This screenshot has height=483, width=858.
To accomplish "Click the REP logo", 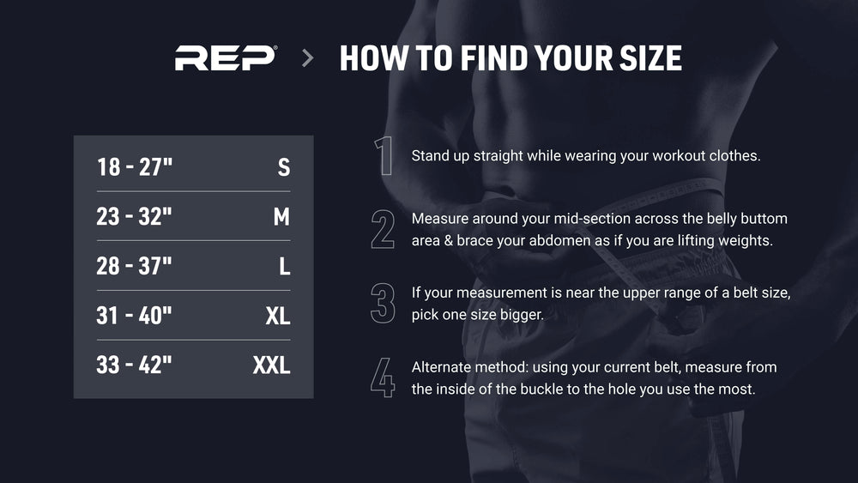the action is [226, 58].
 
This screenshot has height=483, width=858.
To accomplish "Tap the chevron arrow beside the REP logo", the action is [308, 58].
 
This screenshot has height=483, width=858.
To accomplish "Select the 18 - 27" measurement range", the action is [135, 166].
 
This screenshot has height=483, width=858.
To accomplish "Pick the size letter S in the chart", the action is [283, 167].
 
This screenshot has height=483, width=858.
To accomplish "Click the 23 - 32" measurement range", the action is [134, 216].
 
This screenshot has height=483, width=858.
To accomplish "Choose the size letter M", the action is [281, 216].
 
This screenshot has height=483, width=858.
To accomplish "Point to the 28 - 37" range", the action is [134, 267].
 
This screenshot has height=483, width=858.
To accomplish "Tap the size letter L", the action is [285, 267].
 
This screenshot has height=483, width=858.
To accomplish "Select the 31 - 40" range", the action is [134, 316].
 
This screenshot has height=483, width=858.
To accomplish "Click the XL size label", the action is [278, 316].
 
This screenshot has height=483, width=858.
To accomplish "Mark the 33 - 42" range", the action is [134, 365].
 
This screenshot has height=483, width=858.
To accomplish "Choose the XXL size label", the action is [271, 365].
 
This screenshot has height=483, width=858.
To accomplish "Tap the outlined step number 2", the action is [383, 229].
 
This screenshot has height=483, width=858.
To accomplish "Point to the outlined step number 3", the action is [383, 303].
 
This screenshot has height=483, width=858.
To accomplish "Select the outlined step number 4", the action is [383, 377].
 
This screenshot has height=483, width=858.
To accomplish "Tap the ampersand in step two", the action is [448, 241].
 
